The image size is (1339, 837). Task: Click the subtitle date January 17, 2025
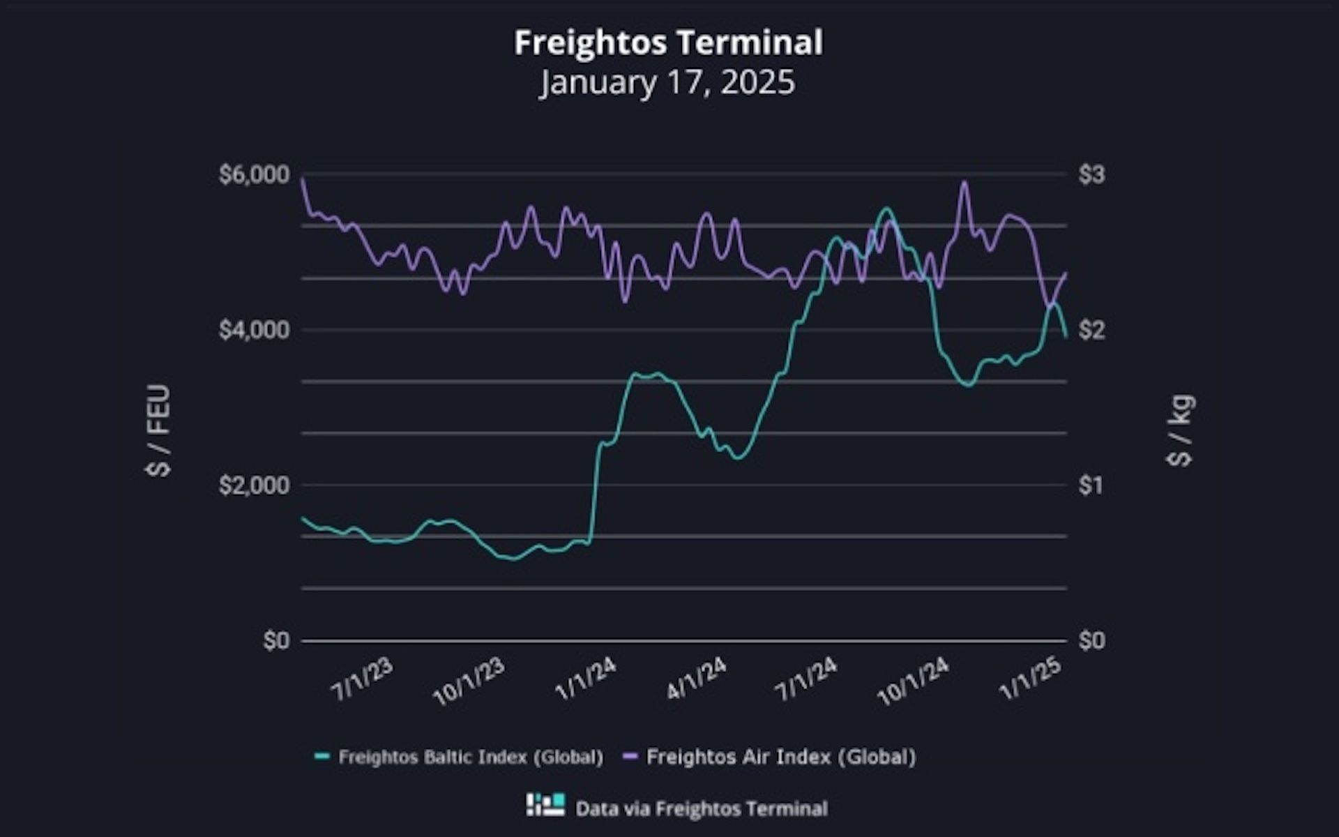[667, 82]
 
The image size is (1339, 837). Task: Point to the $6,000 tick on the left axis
[254, 174]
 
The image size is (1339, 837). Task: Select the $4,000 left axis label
[254, 330]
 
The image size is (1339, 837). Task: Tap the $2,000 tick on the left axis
[254, 485]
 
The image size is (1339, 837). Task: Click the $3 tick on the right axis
[1091, 174]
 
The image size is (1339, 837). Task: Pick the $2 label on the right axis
[1091, 330]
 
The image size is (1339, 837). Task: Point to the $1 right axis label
[1091, 485]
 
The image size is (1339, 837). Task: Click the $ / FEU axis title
[159, 430]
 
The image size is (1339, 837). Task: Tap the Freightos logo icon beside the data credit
[545, 805]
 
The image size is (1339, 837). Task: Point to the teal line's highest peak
[886, 209]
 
